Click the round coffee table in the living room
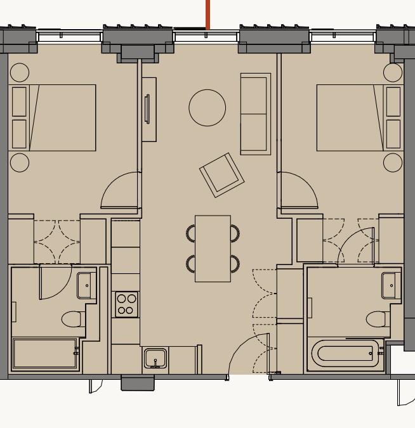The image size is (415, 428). click(x=207, y=108)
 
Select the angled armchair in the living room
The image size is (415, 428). click(x=222, y=174)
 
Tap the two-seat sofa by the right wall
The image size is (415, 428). click(x=255, y=114)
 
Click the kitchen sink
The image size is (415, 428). click(x=155, y=359)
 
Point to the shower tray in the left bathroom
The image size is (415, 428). click(x=44, y=354)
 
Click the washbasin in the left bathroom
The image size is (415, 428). click(x=86, y=285)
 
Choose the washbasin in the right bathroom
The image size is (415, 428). click(x=391, y=285)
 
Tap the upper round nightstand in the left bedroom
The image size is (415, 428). click(x=20, y=72)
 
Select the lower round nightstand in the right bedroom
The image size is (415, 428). click(x=393, y=162)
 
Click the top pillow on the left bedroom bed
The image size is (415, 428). click(x=20, y=101)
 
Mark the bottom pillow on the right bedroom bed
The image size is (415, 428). click(x=393, y=134)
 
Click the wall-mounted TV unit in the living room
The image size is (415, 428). click(x=148, y=109)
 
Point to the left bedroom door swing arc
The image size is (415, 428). click(x=121, y=190)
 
